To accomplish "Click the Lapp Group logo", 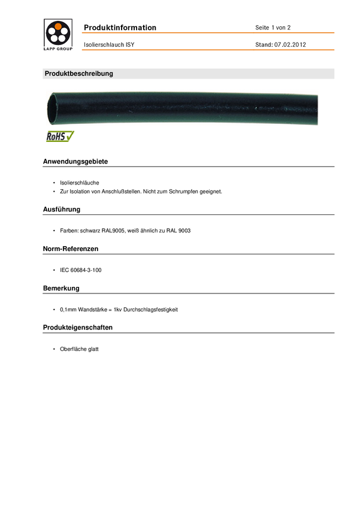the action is (x=58, y=34).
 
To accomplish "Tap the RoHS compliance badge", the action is (x=60, y=137).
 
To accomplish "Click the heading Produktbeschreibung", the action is (x=79, y=74).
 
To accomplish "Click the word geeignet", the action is (x=210, y=192).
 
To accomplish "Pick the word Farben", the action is (x=69, y=231).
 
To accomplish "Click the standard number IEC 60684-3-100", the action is (x=81, y=271).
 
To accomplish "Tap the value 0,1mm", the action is (x=68, y=310).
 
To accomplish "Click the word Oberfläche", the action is (x=73, y=349).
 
